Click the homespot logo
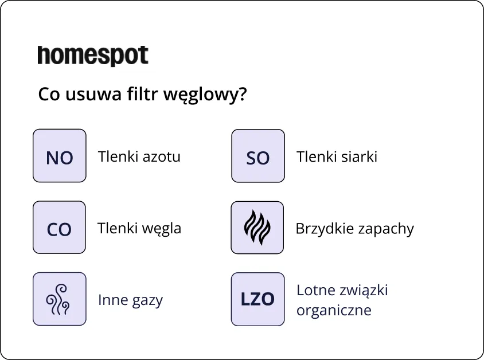point(93,56)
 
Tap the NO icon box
point(60,156)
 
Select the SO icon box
point(258,156)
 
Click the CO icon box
point(60,228)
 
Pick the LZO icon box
point(258,299)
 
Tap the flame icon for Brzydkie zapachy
point(258,228)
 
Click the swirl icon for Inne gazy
point(60,299)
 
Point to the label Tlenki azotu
point(139,156)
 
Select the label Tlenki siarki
point(337,156)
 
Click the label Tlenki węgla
point(139,228)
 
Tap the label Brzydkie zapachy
point(355,229)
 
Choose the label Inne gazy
point(131,300)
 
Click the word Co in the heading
point(48,94)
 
